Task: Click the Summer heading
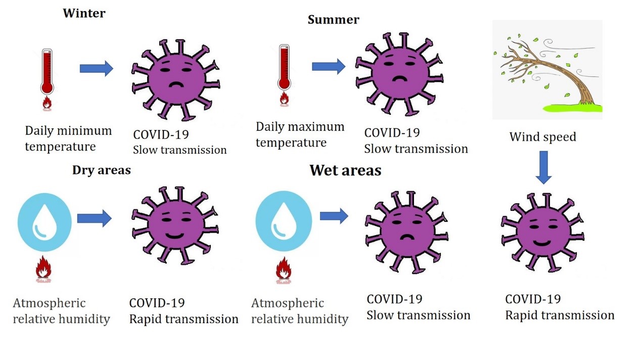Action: pos(333,20)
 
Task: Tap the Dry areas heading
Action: pos(101,170)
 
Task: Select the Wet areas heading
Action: pos(345,170)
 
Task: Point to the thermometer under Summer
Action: pos(284,68)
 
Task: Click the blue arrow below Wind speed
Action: pos(543,167)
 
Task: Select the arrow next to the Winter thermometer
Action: pos(96,68)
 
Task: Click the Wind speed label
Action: pos(542,137)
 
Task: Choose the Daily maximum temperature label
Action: pos(300,134)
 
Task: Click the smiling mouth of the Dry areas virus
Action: pos(174,236)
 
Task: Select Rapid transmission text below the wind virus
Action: pos(560,316)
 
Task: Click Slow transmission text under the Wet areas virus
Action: pos(418,316)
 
